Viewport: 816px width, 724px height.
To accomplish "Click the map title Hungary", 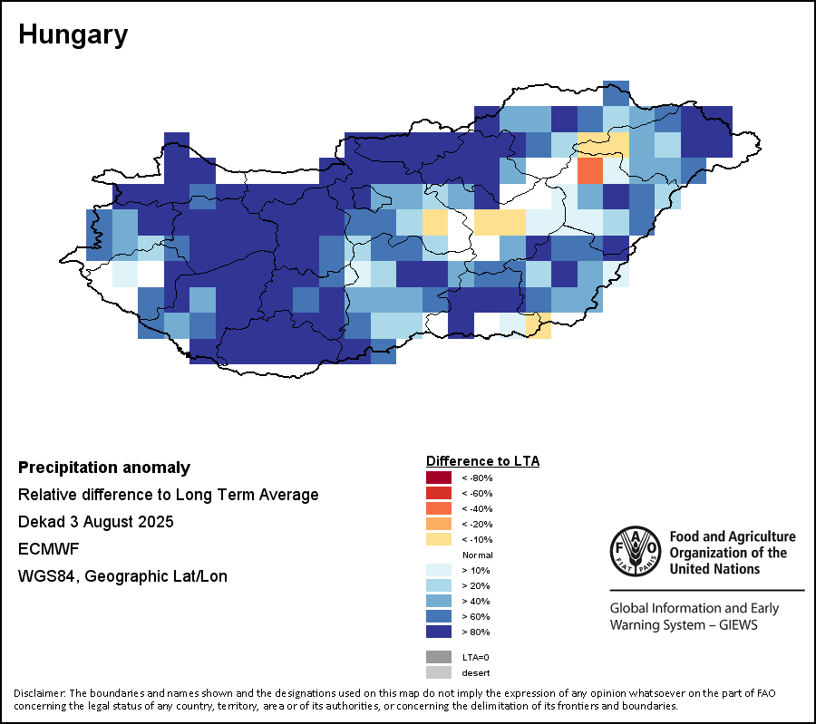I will pos(73,35).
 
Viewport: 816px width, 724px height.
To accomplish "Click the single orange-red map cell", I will pos(589,169).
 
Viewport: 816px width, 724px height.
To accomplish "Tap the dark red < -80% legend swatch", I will pos(439,478).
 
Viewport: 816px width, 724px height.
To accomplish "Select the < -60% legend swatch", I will pos(439,493).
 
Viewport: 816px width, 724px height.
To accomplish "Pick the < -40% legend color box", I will pos(439,508).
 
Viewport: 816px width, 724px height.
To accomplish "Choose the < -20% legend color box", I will pos(439,524).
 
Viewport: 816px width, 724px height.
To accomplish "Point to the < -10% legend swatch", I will pos(439,539).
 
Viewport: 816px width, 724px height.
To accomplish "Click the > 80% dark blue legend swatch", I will pos(439,632).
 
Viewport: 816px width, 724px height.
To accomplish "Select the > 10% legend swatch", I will pos(439,570).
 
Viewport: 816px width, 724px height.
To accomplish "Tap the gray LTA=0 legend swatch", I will pos(439,657).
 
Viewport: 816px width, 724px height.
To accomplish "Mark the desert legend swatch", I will pos(439,672).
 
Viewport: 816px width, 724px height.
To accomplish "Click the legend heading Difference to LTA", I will pos(482,461).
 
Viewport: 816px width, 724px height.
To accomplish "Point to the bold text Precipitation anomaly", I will pos(104,468).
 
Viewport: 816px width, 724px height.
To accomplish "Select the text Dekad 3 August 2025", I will pos(96,523).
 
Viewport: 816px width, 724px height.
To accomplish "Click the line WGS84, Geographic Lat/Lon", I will pos(122,576).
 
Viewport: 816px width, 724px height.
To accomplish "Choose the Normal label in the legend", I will pos(477,555).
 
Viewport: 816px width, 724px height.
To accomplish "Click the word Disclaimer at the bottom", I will pos(39,693).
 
